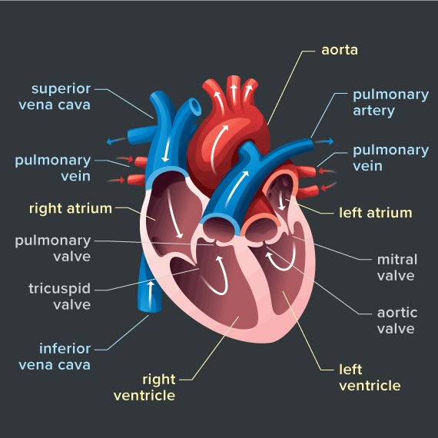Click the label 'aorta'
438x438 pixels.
pos(340,50)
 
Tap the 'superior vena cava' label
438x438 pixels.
pos(55,97)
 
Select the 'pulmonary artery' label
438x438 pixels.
pos(391,103)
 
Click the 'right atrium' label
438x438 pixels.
pos(71,208)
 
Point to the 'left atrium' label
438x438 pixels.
pos(376,213)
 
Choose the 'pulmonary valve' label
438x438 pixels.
pos(53,248)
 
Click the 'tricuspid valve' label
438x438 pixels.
pos(59,297)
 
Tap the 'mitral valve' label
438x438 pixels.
pos(397,267)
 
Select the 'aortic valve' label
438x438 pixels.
pos(397,320)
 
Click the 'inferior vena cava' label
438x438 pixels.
pos(55,357)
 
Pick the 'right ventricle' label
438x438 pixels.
pos(144,387)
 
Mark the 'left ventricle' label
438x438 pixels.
pos(370,377)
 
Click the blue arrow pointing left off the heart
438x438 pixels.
pos(116,141)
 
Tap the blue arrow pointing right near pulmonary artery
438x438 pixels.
pos(324,141)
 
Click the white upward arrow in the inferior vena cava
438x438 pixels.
pos(151,295)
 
